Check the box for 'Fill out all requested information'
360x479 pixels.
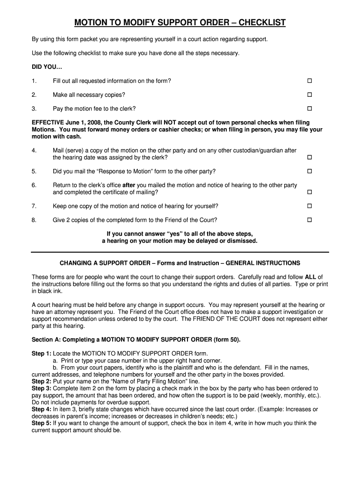coord(309,81)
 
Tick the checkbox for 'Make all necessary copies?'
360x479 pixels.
coord(309,95)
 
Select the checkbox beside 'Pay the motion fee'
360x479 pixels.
coord(309,109)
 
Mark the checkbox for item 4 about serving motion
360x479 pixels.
coord(309,158)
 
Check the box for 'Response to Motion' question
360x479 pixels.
coord(309,171)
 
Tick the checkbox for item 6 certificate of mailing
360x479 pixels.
coord(309,192)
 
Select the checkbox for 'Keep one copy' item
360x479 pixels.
coord(309,206)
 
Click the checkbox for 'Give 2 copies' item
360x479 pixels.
coord(309,220)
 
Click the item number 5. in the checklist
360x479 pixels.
coord(34,171)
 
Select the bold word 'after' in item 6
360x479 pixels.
coord(128,185)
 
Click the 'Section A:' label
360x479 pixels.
coord(46,340)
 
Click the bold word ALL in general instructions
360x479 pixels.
coord(310,276)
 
